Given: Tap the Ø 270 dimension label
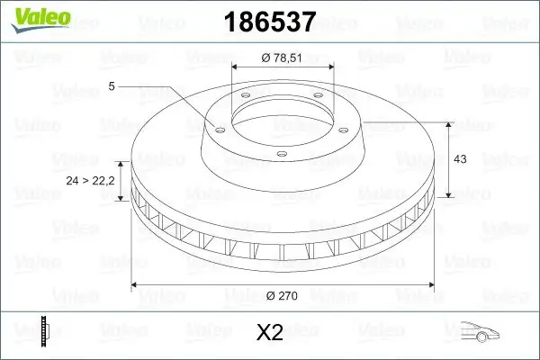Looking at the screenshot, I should pyautogui.click(x=283, y=293).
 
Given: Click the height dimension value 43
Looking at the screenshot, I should pyautogui.click(x=459, y=159).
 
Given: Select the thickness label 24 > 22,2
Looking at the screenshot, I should pyautogui.click(x=91, y=181).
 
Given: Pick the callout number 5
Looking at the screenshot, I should pyautogui.click(x=111, y=86).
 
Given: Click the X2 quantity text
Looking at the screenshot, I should pyautogui.click(x=269, y=333).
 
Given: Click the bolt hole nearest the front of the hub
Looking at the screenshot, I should pyautogui.click(x=281, y=154).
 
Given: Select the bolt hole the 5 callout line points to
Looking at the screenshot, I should pyautogui.click(x=215, y=127).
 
